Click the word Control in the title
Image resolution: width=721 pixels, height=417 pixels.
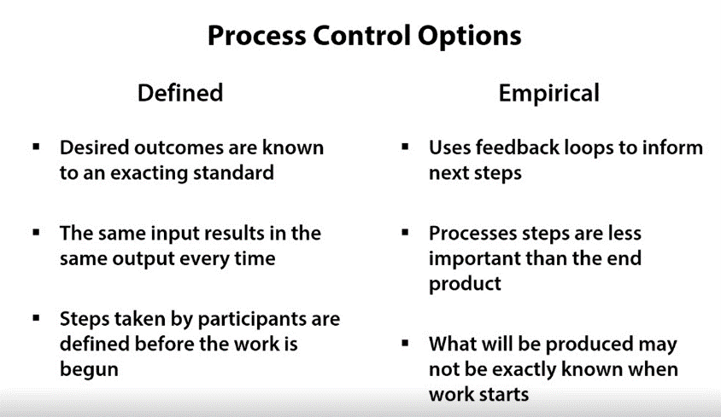click(362, 36)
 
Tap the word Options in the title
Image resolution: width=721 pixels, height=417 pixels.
click(470, 37)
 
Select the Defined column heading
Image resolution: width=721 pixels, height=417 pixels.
click(180, 93)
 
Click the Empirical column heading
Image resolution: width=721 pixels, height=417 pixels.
click(549, 94)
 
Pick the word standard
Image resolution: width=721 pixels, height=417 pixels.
click(233, 172)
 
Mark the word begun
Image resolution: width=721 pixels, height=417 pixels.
click(89, 370)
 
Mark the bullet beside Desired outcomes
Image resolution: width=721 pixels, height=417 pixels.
click(37, 147)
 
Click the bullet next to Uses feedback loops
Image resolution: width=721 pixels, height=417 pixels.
click(405, 147)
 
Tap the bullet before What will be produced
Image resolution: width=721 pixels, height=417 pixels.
click(405, 343)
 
